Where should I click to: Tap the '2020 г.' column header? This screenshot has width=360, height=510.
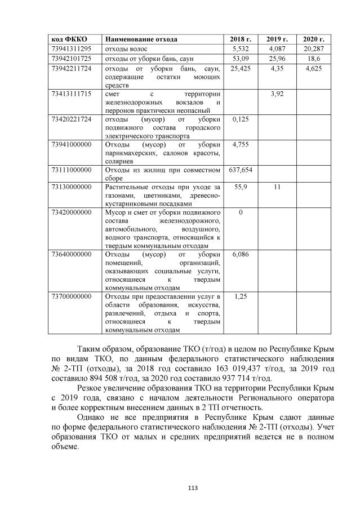(313, 39)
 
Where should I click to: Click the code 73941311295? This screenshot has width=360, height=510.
(72, 49)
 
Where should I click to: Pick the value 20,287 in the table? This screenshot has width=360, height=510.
(313, 49)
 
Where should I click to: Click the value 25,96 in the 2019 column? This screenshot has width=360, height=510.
(277, 59)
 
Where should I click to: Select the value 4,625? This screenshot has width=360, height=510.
(313, 68)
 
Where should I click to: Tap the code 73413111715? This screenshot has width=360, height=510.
(72, 94)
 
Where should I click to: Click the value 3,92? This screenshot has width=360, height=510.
(277, 94)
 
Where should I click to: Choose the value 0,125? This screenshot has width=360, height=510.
(241, 119)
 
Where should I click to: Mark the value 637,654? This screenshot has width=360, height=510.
(241, 170)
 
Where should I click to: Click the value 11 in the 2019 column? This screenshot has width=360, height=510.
(277, 187)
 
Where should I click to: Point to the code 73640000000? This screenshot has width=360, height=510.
(72, 254)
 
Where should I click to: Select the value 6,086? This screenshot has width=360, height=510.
(241, 254)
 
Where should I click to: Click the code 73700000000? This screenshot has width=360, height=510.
(72, 296)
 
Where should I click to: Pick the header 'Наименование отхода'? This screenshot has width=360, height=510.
(141, 39)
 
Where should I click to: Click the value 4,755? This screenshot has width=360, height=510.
(241, 145)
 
